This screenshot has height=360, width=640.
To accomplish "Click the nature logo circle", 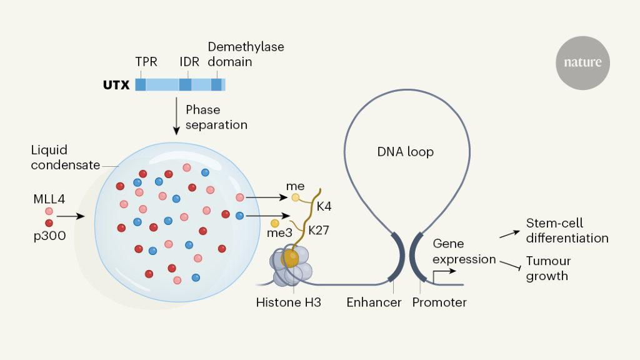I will click(x=582, y=62).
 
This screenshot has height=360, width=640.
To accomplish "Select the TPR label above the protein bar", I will click(x=146, y=62).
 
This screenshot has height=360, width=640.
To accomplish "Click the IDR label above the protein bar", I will click(x=190, y=62).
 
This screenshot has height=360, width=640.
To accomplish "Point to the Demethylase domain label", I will click(x=237, y=54).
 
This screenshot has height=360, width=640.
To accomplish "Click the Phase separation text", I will click(x=216, y=117).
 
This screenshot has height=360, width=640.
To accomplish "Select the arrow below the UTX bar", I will click(x=176, y=116).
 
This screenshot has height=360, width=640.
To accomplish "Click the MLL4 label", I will click(x=49, y=199).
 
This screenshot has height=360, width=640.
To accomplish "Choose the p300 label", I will click(x=49, y=236).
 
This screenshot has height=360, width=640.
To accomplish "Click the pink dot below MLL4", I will click(x=49, y=211).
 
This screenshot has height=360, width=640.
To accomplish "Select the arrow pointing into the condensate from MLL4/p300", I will click(x=70, y=216).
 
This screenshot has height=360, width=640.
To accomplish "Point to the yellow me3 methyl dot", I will click(x=274, y=223).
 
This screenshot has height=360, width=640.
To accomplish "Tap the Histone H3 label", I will click(x=288, y=302).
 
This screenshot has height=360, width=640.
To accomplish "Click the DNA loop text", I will click(x=406, y=152).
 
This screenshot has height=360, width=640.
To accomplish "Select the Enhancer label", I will click(x=374, y=302).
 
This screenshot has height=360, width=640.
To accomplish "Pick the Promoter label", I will click(x=439, y=302).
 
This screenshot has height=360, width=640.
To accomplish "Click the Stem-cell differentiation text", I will click(x=567, y=231).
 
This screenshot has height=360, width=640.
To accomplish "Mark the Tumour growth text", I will click(x=548, y=268).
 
